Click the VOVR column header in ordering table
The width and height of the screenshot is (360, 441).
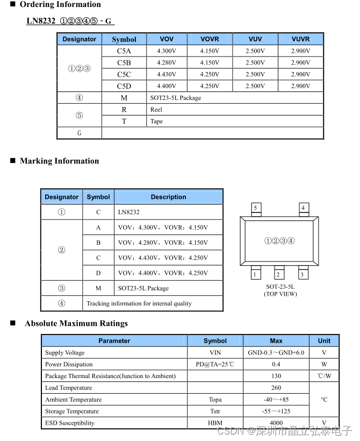coord(210,39)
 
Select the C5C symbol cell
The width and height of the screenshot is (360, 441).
coord(124,74)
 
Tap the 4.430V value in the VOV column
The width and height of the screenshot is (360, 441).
coord(167,74)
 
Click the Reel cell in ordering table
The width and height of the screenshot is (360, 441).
coord(156,110)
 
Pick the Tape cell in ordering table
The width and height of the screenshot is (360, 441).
coord(156,122)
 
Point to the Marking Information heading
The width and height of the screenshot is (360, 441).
coord(59,161)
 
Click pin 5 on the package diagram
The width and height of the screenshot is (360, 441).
coord(255,208)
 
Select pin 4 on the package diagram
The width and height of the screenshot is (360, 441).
coord(303,208)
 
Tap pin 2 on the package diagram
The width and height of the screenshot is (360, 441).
coord(278,275)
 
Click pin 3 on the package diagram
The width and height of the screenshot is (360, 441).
coord(302,275)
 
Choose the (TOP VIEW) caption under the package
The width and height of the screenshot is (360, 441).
coord(280,294)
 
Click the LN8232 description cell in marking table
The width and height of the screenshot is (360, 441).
coord(129,212)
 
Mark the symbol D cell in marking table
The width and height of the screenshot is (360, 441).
coord(98,273)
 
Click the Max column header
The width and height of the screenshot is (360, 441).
coord(276,341)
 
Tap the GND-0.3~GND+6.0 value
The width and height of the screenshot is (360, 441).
coord(276,353)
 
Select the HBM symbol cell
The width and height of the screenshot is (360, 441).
coord(215,423)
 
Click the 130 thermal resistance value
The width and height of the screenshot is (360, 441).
coord(276,376)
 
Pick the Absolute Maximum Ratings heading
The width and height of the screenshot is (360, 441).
coord(76,324)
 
